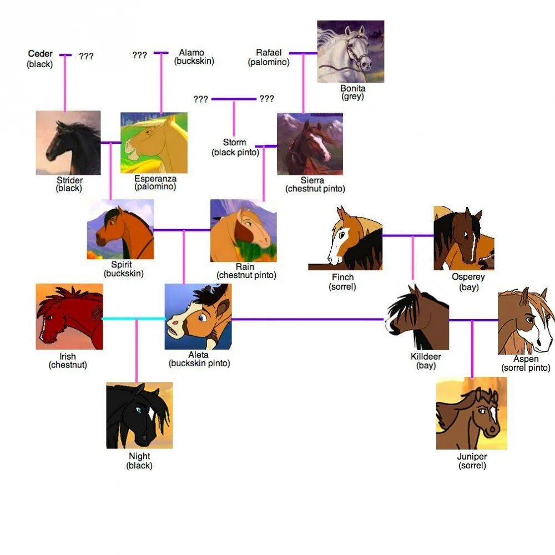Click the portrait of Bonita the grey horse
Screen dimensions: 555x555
[350, 52]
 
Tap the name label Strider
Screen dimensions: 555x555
[69, 180]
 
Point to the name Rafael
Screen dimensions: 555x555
[269, 53]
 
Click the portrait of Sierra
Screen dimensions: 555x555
[310, 144]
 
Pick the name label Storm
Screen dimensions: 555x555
[234, 143]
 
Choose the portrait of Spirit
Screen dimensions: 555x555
[120, 230]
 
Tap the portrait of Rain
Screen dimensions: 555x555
[243, 230]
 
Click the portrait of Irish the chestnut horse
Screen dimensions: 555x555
[69, 316]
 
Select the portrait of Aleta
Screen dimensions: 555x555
[198, 316]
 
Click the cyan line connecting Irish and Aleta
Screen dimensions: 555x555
[133, 319]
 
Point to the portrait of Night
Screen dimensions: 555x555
[139, 415]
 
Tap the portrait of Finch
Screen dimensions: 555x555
[345, 238]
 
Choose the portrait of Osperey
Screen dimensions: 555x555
[464, 238]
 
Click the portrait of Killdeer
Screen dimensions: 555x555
[417, 317]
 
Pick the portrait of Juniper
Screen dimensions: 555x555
[471, 413]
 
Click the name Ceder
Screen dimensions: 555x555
[40, 54]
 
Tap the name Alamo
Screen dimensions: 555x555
[191, 53]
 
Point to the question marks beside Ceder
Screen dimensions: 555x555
[86, 56]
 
